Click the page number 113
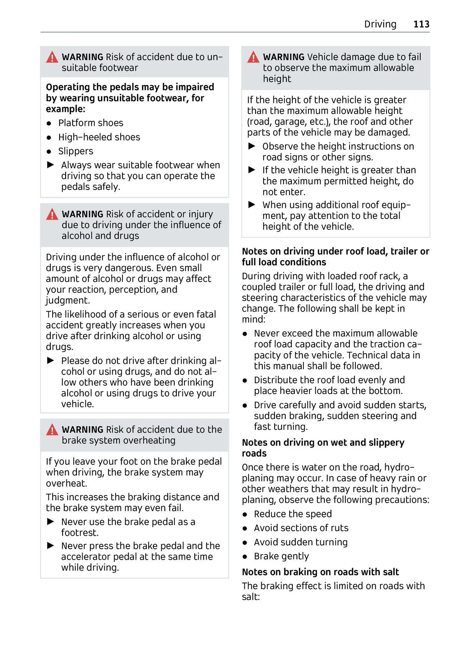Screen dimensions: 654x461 coord(421,24)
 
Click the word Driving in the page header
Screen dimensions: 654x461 coord(380,24)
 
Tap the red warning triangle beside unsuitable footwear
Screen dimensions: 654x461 coord(52,58)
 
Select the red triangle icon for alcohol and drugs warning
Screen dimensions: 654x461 coord(52,214)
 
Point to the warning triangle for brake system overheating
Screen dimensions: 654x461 coord(52,430)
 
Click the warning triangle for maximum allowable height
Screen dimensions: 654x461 coord(253,58)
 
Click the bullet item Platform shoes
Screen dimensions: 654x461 coord(91,123)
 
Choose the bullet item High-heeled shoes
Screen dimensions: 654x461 coord(99,137)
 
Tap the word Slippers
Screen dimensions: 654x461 coord(76,151)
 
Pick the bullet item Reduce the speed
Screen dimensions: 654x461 coord(293,514)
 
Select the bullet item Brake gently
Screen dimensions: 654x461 coord(281,556)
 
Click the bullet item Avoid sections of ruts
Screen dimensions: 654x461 coord(301,528)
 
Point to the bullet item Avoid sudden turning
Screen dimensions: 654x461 coord(300,542)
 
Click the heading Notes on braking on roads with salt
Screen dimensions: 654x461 coord(320,572)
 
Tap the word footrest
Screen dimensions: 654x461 coord(80,533)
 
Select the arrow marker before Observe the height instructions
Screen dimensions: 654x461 coord(252,146)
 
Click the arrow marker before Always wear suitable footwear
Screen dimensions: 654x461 coord(51,165)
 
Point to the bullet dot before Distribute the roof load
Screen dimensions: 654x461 coord(245,381)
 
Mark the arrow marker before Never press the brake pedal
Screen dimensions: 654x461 coord(51,546)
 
